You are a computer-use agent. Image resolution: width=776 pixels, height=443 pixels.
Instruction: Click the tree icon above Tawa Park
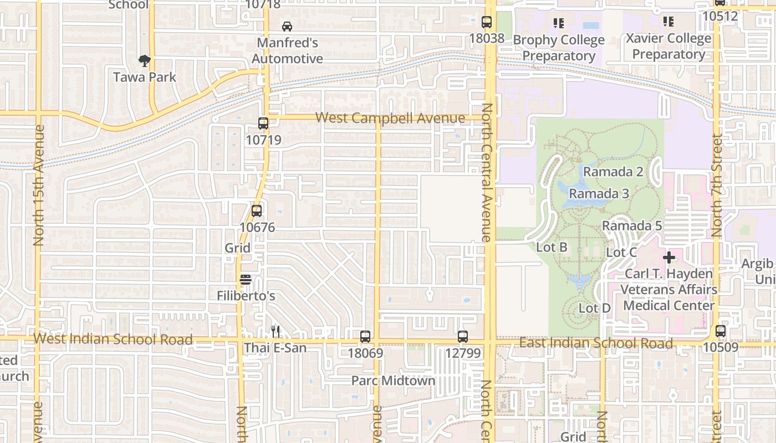(145, 60)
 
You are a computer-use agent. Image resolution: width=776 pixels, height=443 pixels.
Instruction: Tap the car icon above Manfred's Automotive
(287, 26)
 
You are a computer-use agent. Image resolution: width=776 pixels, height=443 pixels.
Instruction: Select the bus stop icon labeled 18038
(487, 22)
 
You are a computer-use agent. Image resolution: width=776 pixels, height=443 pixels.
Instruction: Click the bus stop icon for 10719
(263, 123)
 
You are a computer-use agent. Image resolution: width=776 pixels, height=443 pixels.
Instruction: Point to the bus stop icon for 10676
(257, 210)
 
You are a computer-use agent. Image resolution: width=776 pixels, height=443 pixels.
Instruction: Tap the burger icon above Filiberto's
(246, 280)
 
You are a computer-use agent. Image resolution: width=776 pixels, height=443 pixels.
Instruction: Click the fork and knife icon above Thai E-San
(275, 331)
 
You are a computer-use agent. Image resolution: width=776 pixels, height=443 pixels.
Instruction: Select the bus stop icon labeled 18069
(365, 336)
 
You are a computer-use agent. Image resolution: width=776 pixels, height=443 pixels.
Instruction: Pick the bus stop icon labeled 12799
(463, 336)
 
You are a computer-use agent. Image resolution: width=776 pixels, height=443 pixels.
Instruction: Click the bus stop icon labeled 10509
(721, 331)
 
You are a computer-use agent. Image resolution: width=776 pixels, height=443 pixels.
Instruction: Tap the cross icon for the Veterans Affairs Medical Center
(669, 257)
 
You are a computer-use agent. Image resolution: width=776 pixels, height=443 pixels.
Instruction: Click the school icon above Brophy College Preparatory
(558, 23)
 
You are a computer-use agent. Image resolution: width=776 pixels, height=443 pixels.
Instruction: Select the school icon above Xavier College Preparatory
(668, 22)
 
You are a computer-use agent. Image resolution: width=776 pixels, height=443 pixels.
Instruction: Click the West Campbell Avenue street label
(390, 118)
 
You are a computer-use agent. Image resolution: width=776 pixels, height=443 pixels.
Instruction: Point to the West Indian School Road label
(113, 339)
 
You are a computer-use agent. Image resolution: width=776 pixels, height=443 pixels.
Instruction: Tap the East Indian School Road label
(596, 343)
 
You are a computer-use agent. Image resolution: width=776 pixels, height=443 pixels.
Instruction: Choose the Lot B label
(552, 247)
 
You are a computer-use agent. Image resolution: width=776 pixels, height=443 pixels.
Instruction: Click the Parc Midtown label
(394, 380)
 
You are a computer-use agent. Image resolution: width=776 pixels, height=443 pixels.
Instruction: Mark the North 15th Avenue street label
(38, 185)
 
